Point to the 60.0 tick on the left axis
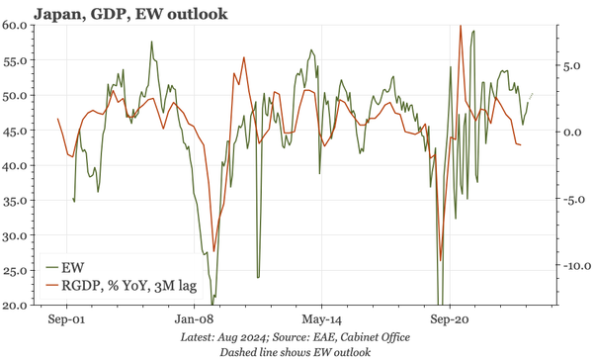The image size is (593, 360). click(20, 25)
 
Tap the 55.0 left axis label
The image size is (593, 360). click(20, 60)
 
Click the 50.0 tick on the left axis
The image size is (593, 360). click(20, 96)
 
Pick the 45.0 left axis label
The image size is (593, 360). click(20, 131)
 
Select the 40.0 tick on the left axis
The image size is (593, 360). click(20, 166)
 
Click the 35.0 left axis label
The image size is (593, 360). click(20, 202)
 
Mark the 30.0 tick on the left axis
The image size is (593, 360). click(20, 236)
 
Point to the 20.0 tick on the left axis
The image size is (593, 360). click(20, 305)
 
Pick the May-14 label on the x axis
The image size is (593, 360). click(321, 320)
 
